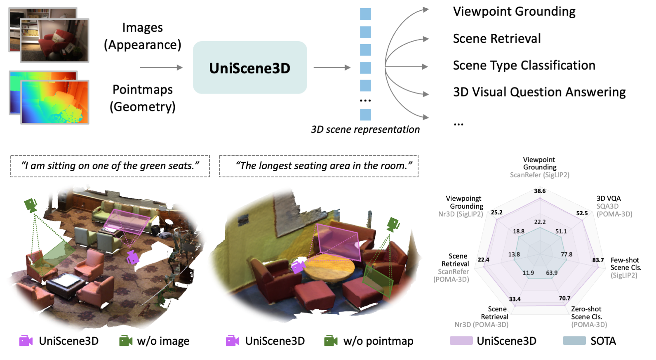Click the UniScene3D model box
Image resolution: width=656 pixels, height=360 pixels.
coord(250,68)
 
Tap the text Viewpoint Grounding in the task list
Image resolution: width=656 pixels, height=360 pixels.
coord(514,12)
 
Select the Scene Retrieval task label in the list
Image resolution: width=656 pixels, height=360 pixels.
coord(496,39)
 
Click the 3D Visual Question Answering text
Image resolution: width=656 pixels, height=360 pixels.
coord(539,92)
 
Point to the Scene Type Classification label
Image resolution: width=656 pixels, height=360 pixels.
coord(524,65)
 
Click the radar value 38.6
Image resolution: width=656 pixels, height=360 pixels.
coord(539,191)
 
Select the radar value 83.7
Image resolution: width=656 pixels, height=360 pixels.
coord(597,260)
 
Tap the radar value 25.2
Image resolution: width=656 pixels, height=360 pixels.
coord(496,212)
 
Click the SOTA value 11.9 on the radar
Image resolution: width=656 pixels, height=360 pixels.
coord(528,273)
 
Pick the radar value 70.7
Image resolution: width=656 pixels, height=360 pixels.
coord(564,298)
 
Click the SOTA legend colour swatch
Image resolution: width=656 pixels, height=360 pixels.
coord(574,341)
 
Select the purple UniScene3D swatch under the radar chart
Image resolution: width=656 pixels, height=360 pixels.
coord(461,341)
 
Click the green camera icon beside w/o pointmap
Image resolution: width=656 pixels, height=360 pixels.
coord(331,341)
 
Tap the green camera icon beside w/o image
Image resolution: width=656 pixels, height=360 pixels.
coord(125,341)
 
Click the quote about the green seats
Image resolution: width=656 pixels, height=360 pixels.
coord(110,166)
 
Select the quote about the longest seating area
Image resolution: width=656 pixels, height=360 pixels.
coord(319,166)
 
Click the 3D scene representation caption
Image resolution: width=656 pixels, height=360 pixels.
coord(365,129)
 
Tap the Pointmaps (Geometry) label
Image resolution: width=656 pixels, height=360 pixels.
coord(142,98)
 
